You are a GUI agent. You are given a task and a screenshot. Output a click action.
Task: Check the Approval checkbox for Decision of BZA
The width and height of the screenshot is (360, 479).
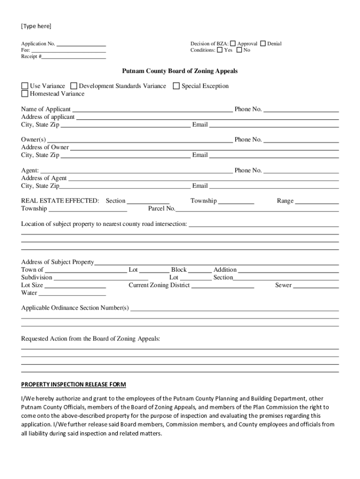click(x=233, y=44)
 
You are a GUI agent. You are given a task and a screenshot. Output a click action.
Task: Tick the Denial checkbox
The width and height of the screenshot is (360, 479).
click(x=263, y=44)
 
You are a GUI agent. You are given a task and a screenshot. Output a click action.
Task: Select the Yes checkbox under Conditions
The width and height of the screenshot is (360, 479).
click(x=220, y=50)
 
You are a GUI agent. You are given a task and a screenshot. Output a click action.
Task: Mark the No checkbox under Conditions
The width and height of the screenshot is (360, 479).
click(x=239, y=50)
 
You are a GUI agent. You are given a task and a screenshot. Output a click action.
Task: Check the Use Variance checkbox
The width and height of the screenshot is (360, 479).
click(x=25, y=86)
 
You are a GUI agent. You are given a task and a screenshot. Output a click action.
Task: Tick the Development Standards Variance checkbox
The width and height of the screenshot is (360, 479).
click(x=74, y=86)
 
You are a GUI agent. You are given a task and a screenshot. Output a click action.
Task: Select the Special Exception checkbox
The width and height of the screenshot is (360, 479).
click(x=176, y=86)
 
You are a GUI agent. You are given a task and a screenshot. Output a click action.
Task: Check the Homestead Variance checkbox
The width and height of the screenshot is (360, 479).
click(x=25, y=94)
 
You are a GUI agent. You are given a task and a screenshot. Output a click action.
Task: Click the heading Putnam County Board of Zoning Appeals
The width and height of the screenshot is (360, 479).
click(x=180, y=71)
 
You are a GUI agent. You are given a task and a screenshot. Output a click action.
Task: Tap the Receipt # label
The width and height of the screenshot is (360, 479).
click(x=31, y=57)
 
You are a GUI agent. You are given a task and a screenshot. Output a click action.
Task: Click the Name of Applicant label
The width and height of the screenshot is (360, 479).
click(x=46, y=109)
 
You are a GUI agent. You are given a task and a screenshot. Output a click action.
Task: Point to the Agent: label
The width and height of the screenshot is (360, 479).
click(x=30, y=171)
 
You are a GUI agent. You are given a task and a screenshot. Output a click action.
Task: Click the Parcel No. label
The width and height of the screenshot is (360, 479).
click(x=161, y=209)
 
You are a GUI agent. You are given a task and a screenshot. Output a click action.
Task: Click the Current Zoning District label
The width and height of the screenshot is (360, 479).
click(x=159, y=285)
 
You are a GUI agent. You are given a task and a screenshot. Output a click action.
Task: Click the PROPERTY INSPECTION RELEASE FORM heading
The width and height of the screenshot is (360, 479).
click(x=73, y=385)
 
